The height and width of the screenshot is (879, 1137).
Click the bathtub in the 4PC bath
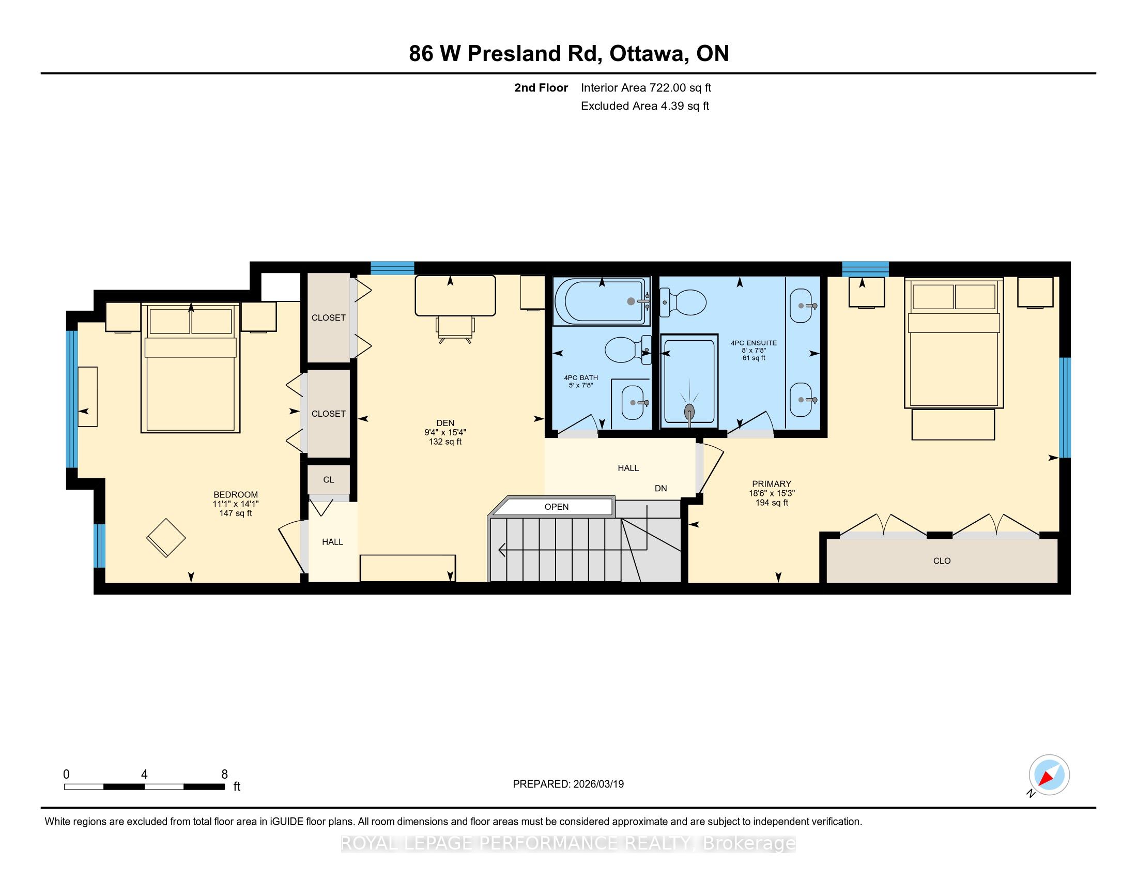click(x=602, y=301)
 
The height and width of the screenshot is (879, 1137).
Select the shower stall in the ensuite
click(x=689, y=381)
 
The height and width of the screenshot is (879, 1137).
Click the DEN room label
click(x=445, y=423)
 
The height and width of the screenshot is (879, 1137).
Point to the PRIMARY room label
click(x=772, y=484)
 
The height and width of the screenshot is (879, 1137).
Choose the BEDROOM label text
click(x=236, y=495)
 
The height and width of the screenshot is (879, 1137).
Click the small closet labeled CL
click(x=329, y=480)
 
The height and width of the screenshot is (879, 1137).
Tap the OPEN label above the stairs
click(x=557, y=507)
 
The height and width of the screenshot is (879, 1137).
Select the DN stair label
click(x=660, y=489)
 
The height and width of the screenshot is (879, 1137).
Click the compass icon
click(x=1049, y=775)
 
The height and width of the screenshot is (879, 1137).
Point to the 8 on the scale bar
click(x=224, y=775)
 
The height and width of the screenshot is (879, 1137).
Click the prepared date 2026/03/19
click(x=598, y=784)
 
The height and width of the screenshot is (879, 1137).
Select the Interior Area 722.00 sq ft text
click(x=646, y=87)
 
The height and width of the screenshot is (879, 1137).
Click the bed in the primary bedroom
click(x=954, y=344)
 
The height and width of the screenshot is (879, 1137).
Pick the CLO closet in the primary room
click(x=942, y=561)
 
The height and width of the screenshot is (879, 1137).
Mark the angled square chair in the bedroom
click(x=166, y=537)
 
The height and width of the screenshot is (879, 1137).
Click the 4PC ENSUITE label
click(x=754, y=343)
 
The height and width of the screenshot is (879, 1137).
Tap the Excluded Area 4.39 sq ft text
click(x=645, y=105)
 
